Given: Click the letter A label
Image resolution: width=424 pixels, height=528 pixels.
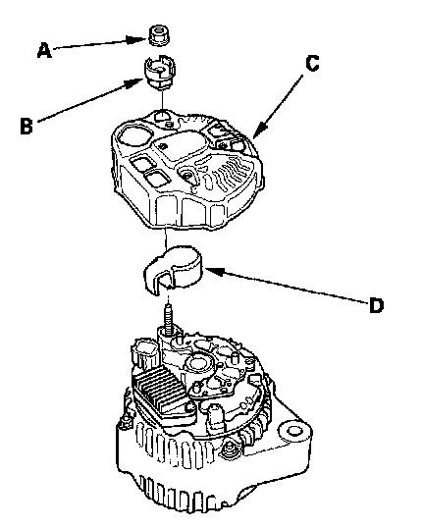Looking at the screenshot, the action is [44, 50].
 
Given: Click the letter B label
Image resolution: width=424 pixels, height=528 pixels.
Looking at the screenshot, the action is [26, 126].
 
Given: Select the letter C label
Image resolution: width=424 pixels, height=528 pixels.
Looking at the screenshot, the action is [312, 64].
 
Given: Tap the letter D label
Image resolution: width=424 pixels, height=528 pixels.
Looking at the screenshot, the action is [376, 306].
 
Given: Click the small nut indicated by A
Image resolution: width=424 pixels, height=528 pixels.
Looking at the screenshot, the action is [159, 34].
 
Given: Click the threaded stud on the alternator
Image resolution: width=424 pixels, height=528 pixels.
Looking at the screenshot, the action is [169, 317].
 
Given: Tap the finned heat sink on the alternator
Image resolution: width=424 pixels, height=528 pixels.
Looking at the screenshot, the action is [161, 388].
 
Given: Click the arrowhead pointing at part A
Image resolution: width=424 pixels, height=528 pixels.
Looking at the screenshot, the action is [137, 40].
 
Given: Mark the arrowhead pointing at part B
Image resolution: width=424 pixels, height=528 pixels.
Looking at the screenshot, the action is [134, 83].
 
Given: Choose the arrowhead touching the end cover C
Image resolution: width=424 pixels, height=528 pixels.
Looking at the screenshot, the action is [259, 131].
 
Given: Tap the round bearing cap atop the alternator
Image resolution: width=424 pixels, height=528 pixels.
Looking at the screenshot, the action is [198, 364].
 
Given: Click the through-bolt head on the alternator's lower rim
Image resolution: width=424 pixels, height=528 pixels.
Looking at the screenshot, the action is [229, 449].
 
